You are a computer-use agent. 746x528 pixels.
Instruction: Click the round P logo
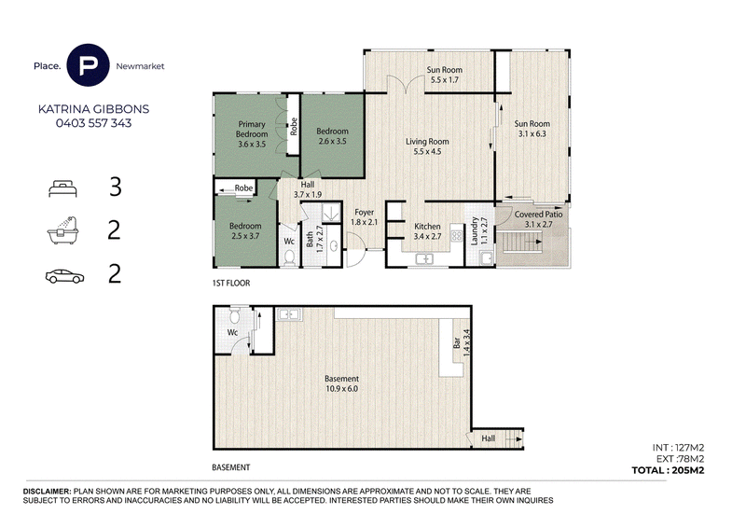tap(89, 65)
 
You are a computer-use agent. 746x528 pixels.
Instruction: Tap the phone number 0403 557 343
tap(94, 123)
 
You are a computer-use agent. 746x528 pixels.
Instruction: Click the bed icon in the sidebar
tap(62, 188)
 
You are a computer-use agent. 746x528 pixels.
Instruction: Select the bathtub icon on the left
tap(62, 230)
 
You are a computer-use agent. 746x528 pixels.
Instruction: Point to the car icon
tap(64, 276)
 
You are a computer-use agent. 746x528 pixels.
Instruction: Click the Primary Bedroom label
tap(252, 129)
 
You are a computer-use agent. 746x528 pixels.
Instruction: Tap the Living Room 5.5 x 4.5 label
tap(427, 146)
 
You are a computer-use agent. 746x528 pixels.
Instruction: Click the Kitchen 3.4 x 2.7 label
tap(427, 231)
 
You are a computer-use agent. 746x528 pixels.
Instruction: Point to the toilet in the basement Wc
tap(235, 315)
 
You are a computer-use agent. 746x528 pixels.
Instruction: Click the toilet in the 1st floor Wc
tap(289, 257)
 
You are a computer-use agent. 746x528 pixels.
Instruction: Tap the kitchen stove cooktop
tap(457, 235)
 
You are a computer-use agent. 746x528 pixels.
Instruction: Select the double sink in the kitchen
tap(424, 259)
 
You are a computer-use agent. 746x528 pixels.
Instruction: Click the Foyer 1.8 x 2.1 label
tap(364, 217)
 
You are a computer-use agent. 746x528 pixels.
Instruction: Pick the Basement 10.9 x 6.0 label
tap(341, 383)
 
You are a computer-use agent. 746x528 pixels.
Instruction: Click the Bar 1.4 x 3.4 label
tap(461, 342)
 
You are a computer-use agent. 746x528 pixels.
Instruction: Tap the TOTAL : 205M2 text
tap(668, 470)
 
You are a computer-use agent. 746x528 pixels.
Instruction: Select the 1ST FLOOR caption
tap(231, 283)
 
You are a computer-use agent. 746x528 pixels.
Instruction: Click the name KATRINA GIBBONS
tap(94, 109)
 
